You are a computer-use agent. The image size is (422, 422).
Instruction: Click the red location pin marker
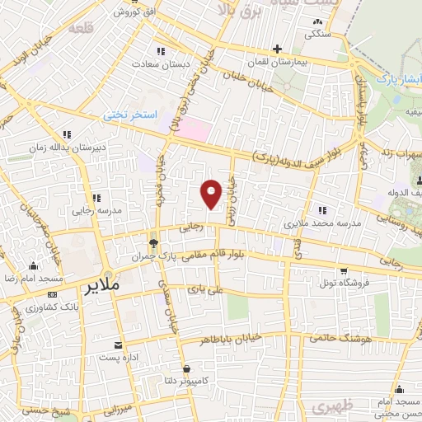pos(212,192)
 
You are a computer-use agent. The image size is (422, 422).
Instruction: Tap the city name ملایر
pos(101,286)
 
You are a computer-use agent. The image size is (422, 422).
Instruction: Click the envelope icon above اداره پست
pos(120,345)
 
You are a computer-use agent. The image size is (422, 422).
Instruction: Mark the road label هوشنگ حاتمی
pos(340,339)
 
